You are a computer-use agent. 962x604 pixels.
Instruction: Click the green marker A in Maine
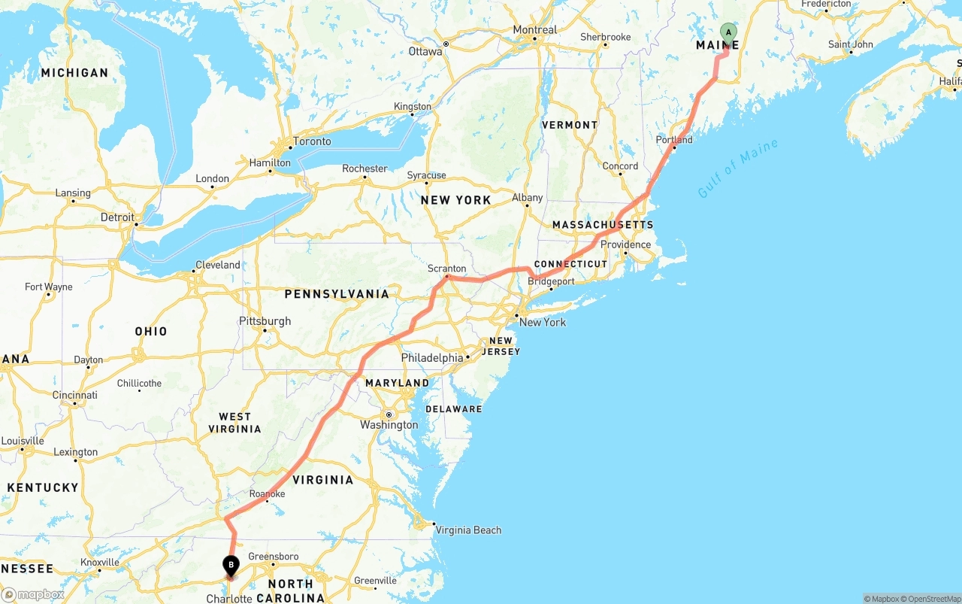click(728, 32)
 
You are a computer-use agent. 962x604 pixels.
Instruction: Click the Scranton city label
click(446, 269)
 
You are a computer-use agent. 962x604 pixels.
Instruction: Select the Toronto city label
click(312, 141)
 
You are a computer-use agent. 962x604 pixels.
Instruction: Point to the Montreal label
click(535, 30)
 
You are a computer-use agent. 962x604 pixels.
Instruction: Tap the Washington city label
click(389, 425)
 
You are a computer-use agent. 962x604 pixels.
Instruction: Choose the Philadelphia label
click(432, 358)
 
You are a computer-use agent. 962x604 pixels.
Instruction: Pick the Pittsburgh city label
click(265, 321)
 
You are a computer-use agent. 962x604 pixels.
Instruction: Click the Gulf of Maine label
click(737, 168)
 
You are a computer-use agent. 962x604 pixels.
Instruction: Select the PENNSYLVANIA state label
click(337, 294)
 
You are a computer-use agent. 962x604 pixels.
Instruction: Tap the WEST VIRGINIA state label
click(235, 423)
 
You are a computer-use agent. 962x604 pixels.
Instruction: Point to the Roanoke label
click(268, 494)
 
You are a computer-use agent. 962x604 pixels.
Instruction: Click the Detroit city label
click(117, 217)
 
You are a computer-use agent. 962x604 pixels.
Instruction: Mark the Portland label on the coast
click(674, 140)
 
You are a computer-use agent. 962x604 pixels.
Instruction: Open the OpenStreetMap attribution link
click(932, 599)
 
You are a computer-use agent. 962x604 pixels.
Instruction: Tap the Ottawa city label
click(425, 52)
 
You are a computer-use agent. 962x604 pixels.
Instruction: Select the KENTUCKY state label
click(43, 487)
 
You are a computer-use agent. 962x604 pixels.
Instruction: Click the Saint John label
click(851, 44)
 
